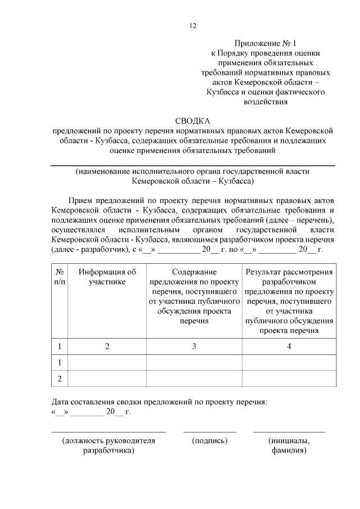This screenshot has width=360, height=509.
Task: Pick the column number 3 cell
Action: (x=193, y=346)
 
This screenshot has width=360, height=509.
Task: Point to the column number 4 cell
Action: (x=289, y=346)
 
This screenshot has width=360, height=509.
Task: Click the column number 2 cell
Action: (x=107, y=346)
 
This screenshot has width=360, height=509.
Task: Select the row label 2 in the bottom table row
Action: (x=59, y=379)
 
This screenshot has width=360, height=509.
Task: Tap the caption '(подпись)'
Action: (x=210, y=440)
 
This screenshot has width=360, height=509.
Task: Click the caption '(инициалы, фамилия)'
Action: (x=289, y=445)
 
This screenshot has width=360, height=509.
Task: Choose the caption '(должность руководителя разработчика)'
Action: (x=109, y=445)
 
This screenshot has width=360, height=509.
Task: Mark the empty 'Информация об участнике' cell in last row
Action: (x=107, y=379)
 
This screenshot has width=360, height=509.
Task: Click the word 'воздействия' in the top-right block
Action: (x=264, y=102)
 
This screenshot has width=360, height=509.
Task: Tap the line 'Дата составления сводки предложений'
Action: (x=159, y=403)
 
